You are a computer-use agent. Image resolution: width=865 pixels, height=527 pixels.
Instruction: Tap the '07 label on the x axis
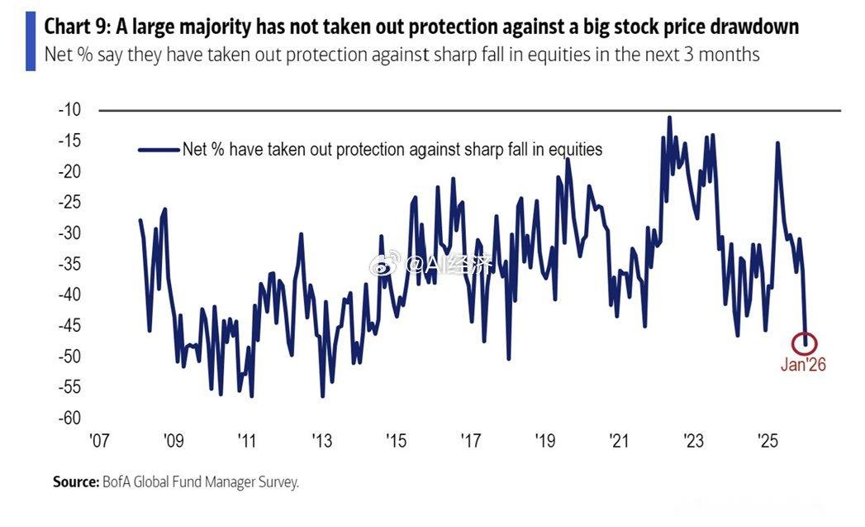pyautogui.click(x=98, y=440)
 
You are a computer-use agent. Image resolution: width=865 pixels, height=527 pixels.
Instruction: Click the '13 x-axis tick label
pyautogui.click(x=321, y=440)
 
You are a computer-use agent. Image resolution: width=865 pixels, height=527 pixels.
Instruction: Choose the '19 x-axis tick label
pyautogui.click(x=544, y=440)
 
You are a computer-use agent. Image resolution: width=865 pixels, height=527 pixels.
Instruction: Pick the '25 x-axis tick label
pyautogui.click(x=768, y=440)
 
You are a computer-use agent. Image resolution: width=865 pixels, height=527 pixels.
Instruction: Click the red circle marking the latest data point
pyautogui.click(x=807, y=342)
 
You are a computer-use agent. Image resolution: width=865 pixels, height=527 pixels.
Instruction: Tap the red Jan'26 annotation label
pyautogui.click(x=803, y=365)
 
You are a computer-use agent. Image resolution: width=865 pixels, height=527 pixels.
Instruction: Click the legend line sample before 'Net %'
pyautogui.click(x=159, y=150)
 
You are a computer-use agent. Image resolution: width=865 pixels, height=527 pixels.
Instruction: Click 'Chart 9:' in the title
pyautogui.click(x=77, y=27)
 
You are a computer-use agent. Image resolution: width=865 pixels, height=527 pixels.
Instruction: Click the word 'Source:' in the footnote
pyautogui.click(x=76, y=481)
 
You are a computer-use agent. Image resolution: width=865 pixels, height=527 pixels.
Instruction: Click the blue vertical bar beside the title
pyautogui.click(x=31, y=40)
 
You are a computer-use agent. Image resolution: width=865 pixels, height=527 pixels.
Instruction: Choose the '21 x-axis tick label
pyautogui.click(x=619, y=440)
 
